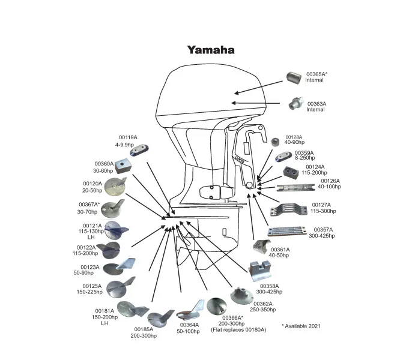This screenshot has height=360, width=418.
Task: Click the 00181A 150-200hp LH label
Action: coord(104,316)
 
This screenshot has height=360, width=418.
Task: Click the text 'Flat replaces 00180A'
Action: coord(238,330)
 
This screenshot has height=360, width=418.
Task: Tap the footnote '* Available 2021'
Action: coord(301,326)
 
